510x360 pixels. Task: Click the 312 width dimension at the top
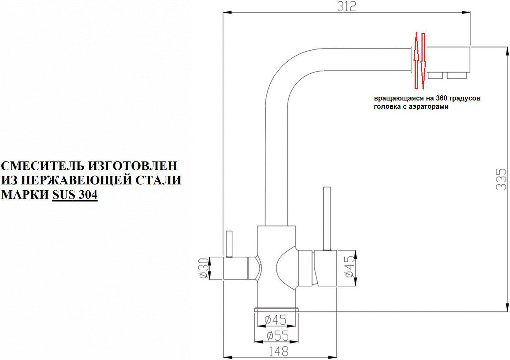click(346, 7)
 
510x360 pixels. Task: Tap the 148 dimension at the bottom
click(278, 351)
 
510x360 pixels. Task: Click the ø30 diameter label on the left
click(204, 268)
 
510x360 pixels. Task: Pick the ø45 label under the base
click(275, 320)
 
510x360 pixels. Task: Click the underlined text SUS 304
click(75, 195)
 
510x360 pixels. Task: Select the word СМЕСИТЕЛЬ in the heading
click(42, 166)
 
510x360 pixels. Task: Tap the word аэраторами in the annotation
click(428, 107)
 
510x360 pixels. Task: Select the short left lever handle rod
click(229, 244)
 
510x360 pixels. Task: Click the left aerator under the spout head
click(436, 75)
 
